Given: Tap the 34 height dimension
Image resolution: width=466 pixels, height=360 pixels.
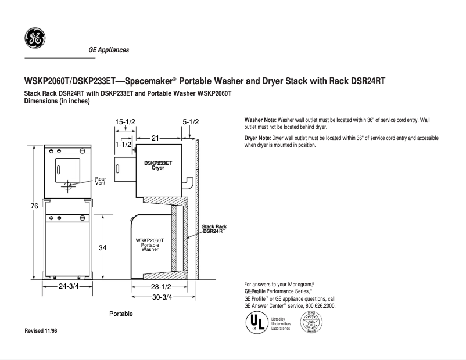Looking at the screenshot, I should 102,248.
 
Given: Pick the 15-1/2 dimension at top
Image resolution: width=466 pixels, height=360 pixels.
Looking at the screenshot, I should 125,122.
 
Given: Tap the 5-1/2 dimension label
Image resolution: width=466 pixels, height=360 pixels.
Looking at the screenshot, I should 191,122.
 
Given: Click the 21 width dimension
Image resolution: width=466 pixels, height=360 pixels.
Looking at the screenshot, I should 156,138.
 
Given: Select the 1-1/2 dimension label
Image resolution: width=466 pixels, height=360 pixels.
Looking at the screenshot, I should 123,143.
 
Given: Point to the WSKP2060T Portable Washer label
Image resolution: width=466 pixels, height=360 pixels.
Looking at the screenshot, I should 150,244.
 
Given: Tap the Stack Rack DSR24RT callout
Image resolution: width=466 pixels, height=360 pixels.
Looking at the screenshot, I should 214,229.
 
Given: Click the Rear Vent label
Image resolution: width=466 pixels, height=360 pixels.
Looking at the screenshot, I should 101,181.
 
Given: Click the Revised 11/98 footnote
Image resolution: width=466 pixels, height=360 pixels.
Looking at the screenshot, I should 41,330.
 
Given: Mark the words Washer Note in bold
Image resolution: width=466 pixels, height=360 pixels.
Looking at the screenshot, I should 260,119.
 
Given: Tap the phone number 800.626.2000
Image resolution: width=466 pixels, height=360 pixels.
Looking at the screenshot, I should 320,305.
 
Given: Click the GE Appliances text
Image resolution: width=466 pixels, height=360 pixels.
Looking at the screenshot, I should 109,50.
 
